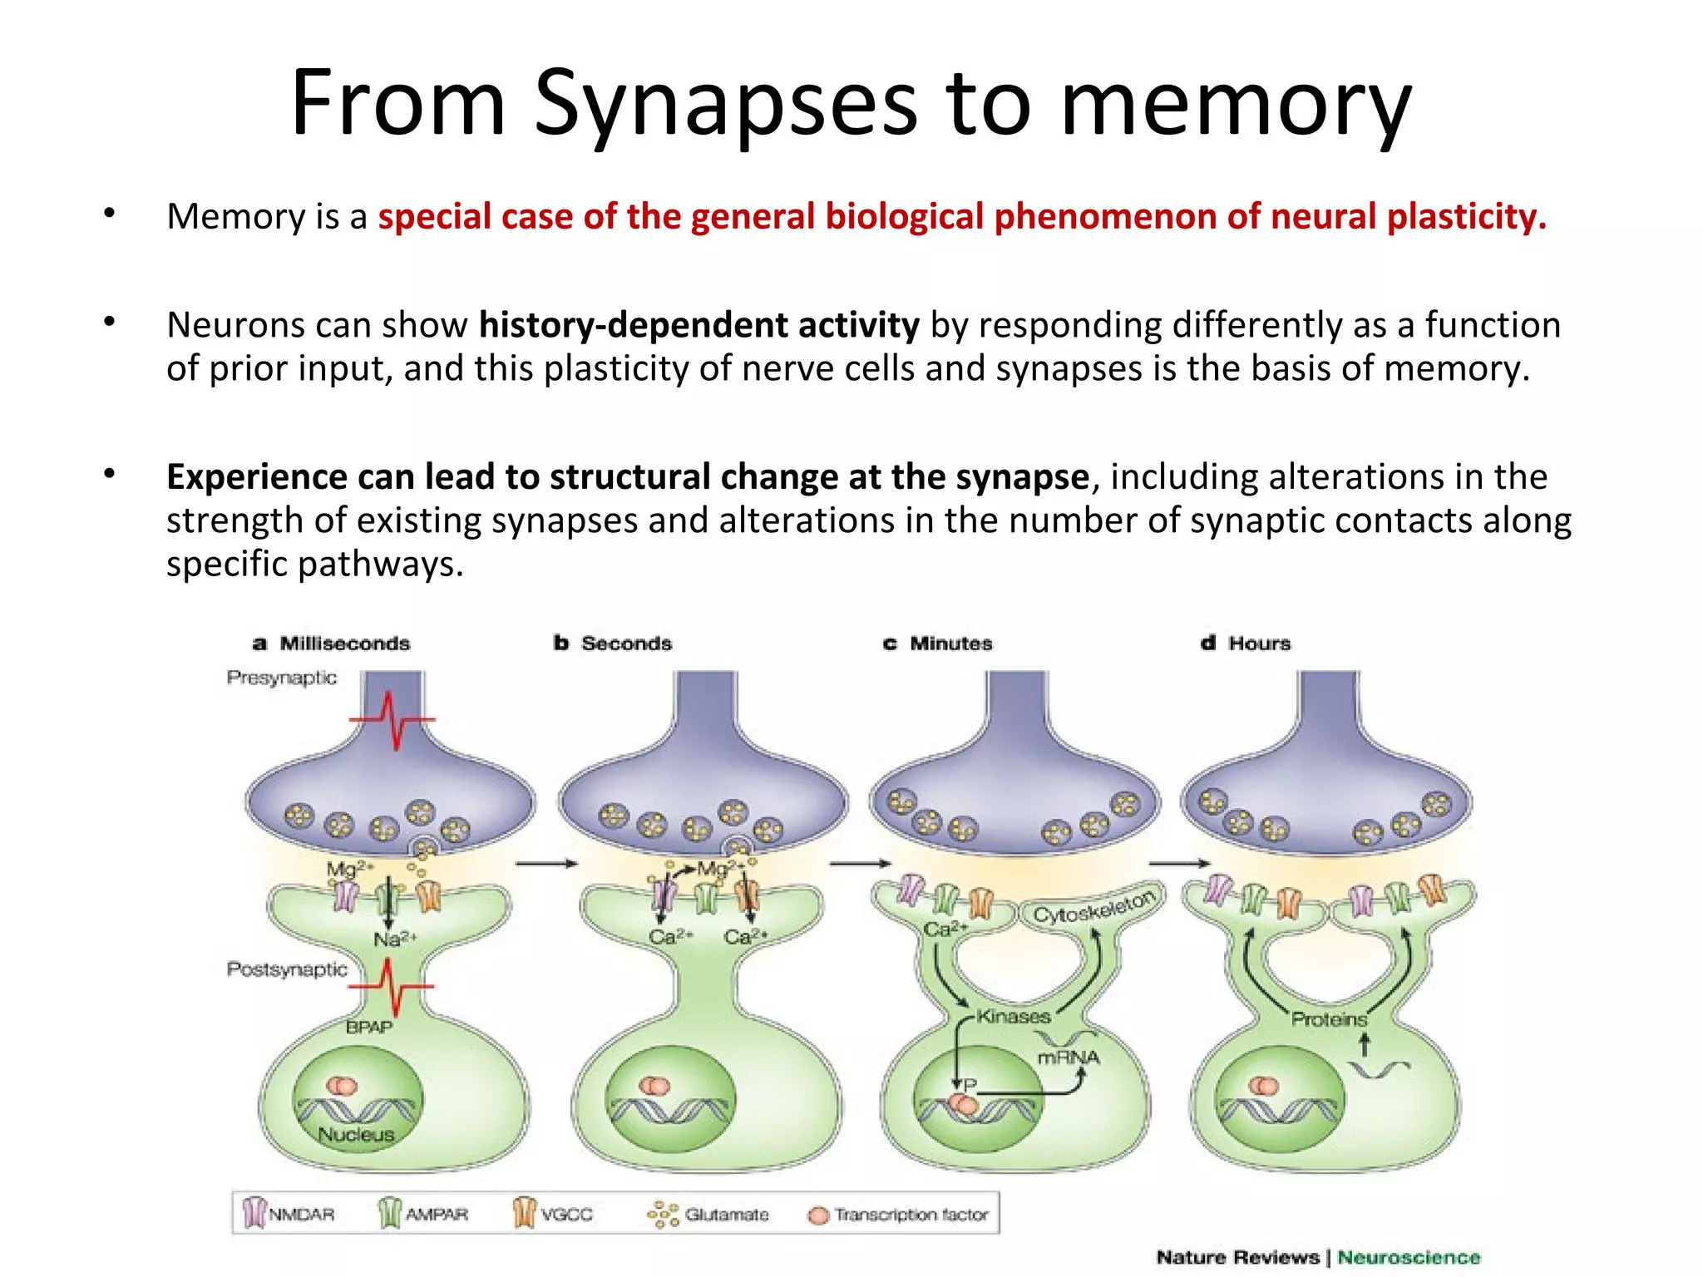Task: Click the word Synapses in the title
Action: [x=725, y=104]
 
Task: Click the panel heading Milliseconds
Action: [x=344, y=643]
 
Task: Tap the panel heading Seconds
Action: [x=626, y=643]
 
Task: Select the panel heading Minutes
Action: [x=950, y=643]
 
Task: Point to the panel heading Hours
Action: [x=1259, y=643]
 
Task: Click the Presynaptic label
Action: [x=282, y=678]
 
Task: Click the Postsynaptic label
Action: [x=287, y=969]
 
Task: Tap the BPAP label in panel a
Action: [x=368, y=1028]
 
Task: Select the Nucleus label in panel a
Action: [x=356, y=1134]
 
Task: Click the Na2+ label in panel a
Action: [x=394, y=939]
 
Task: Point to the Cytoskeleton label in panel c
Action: [x=1094, y=907]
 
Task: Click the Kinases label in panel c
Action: [x=1013, y=1016]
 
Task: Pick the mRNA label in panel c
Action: [x=1068, y=1058]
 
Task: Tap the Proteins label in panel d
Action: [x=1328, y=1019]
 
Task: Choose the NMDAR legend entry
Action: [x=300, y=1215]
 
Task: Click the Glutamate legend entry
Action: [x=726, y=1215]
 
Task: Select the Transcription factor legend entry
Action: [x=911, y=1215]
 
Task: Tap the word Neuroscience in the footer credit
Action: [x=1408, y=1257]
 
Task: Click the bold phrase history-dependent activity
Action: [x=698, y=324]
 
